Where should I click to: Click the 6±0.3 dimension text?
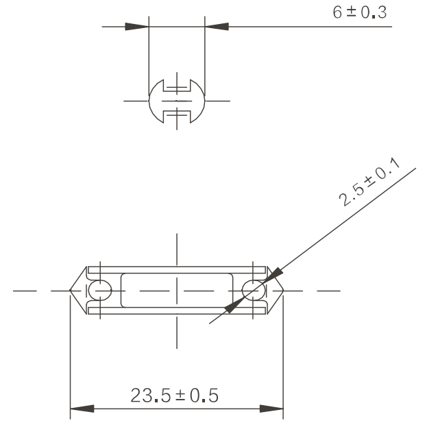point(359,12)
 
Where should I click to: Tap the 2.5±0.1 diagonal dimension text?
point(369,182)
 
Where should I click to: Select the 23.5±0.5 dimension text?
point(174,396)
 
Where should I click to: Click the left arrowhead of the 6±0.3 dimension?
point(137,27)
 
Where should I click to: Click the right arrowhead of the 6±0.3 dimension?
point(217,27)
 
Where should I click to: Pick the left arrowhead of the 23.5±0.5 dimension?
point(82,409)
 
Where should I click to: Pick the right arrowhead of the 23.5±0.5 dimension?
point(271,409)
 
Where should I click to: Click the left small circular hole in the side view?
point(100,291)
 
